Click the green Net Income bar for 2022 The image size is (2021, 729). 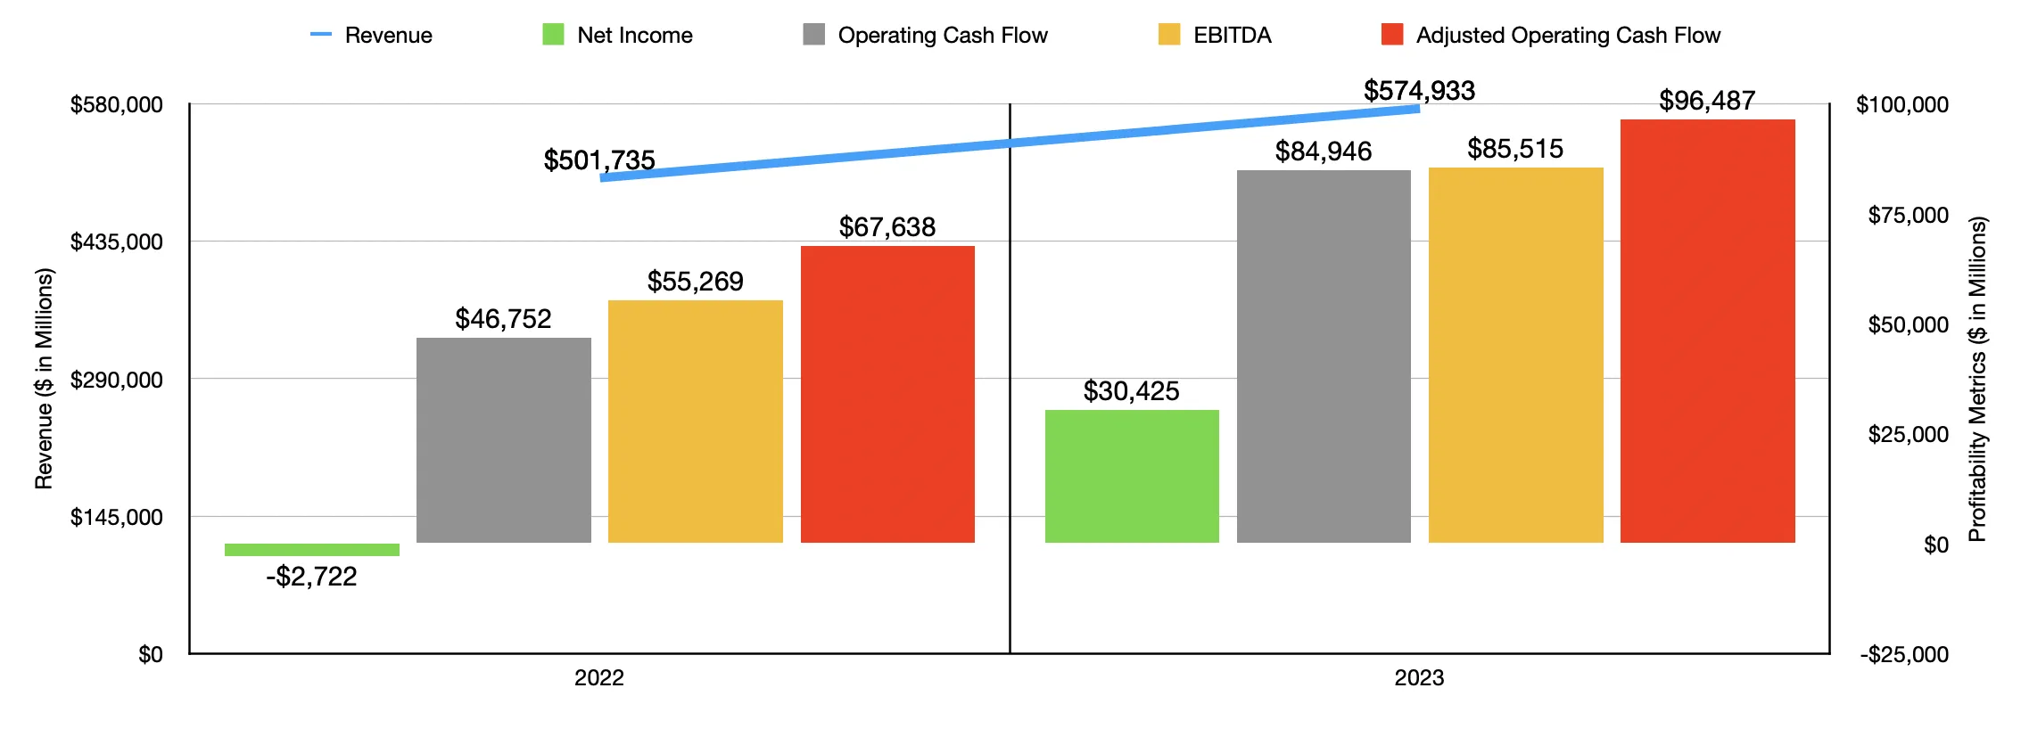[x=311, y=550]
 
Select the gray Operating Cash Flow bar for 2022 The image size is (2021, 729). [x=503, y=440]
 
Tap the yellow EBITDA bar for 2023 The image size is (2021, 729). [x=1515, y=355]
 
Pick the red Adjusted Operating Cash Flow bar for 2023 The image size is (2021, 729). [x=1707, y=331]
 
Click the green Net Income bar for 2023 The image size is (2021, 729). [x=1132, y=476]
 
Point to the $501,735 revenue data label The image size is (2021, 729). [x=599, y=160]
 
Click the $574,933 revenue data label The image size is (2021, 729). [x=1419, y=91]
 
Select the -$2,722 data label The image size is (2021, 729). [x=311, y=577]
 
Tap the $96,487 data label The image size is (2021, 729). [x=1707, y=101]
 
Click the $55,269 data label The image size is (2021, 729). [x=695, y=282]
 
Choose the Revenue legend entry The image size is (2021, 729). [x=372, y=36]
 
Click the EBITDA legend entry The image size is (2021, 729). [x=1216, y=36]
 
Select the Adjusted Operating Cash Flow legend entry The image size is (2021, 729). [x=1551, y=36]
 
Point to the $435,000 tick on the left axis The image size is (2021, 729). [x=117, y=242]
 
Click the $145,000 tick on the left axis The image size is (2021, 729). [x=117, y=518]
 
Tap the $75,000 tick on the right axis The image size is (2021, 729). [x=1908, y=215]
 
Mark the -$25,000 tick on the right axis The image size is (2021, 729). [x=1904, y=655]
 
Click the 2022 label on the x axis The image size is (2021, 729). [x=598, y=678]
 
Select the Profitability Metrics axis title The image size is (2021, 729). [x=1977, y=379]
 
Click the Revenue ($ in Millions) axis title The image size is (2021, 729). [x=44, y=379]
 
